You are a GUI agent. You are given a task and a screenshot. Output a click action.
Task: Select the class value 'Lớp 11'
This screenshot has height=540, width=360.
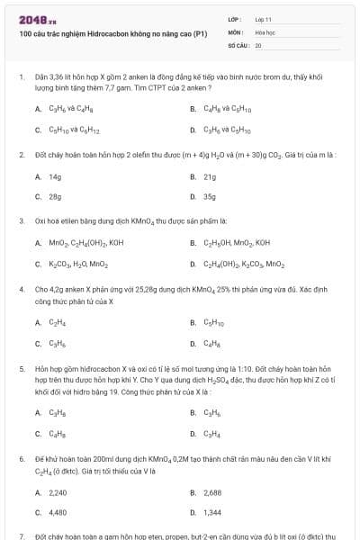pos(263,19)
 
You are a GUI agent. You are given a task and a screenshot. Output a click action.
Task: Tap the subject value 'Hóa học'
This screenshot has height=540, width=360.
pos(265,31)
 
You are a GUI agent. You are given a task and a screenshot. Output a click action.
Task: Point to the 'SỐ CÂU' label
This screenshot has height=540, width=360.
pos(237,44)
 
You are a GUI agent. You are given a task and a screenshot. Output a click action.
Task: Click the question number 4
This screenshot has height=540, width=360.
pos(22,290)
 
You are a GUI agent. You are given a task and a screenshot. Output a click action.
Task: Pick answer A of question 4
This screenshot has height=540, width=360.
pos(56,322)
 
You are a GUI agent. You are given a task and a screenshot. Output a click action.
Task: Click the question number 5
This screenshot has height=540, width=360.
pos(22,370)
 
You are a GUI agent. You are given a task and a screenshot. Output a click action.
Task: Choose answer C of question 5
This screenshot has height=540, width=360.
pos(56,435)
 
